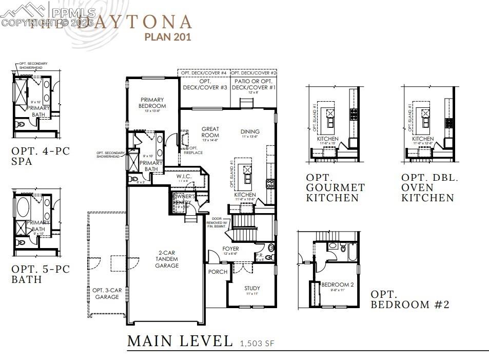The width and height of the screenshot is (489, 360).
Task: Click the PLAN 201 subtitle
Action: [x=168, y=37]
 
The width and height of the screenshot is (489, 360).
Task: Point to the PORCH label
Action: [x=218, y=272]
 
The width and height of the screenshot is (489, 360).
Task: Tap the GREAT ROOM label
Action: [x=210, y=132]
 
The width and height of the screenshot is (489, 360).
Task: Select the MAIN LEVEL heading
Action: [x=180, y=340]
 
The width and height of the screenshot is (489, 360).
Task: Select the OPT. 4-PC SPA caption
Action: [x=40, y=156]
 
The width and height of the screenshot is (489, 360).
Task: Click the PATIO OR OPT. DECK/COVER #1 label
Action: [x=254, y=85]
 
